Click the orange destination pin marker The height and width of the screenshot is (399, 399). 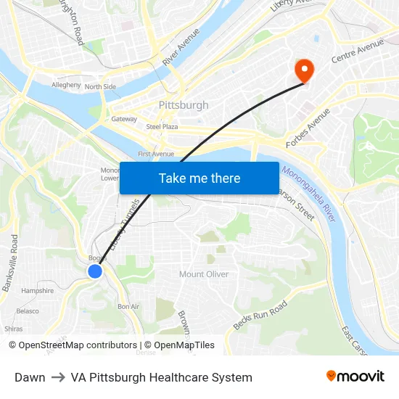303,70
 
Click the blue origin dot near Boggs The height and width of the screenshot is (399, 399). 95,271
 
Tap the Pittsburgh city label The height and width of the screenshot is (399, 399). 184,105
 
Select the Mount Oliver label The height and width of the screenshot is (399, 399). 204,274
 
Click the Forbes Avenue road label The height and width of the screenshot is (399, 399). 308,129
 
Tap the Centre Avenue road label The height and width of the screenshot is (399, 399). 357,51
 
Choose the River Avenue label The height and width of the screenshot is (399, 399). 181,48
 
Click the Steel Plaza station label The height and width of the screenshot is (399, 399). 162,126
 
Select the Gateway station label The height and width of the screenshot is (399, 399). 124,119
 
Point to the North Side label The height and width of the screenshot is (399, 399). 100,87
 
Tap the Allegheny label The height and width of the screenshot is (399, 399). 66,85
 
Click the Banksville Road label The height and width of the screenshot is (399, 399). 11,263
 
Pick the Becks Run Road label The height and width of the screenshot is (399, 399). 260,315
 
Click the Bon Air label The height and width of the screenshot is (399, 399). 128,306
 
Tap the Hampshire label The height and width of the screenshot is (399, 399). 38,291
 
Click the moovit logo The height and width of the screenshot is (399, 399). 355,377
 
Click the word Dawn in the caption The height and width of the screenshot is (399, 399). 30,377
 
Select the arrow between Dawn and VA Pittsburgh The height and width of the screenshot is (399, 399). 58,377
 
